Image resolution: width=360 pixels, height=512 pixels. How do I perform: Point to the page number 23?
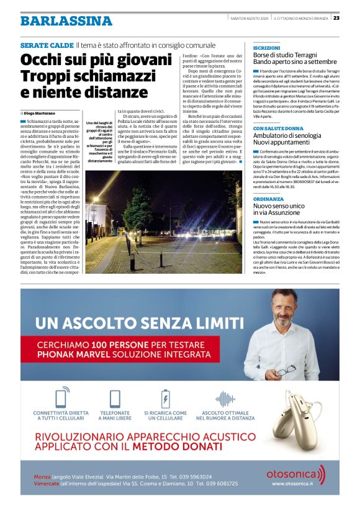coord(353,18)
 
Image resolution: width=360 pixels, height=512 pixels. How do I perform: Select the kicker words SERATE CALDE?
coord(46,46)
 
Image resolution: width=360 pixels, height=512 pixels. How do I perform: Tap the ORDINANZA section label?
coord(268,199)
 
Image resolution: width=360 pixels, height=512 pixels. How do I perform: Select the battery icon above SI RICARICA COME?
coord(165,398)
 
